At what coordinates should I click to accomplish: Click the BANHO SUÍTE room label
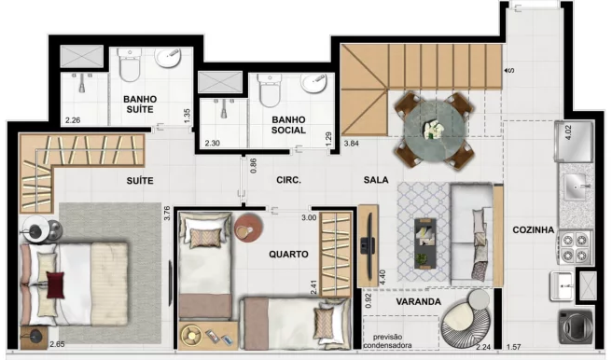click(140, 104)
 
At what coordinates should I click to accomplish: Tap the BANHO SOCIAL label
click(288, 125)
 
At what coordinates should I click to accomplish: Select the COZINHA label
click(533, 229)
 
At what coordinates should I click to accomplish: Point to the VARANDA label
click(418, 301)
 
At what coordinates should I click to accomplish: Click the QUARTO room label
click(288, 255)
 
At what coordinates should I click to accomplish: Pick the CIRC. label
click(288, 180)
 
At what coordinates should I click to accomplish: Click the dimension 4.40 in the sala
click(382, 277)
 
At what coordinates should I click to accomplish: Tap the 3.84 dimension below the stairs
click(352, 143)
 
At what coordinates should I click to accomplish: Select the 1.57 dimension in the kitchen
click(514, 347)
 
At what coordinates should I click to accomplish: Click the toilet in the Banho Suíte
click(130, 64)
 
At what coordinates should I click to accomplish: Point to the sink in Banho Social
click(314, 84)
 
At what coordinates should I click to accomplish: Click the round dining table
click(435, 130)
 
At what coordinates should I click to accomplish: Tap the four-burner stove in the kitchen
click(575, 247)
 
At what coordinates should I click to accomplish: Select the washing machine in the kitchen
click(577, 326)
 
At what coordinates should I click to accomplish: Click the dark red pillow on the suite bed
click(55, 285)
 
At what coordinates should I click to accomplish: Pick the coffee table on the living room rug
click(425, 243)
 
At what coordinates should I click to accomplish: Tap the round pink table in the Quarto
click(248, 228)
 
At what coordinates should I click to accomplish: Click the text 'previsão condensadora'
click(387, 341)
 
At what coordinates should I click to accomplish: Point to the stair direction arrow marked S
click(508, 71)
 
